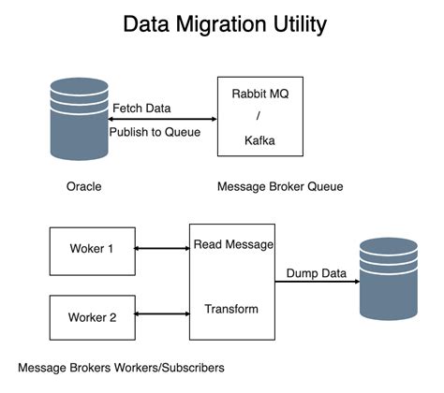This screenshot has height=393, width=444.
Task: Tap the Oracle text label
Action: click(82, 186)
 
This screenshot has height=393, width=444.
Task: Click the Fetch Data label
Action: click(141, 109)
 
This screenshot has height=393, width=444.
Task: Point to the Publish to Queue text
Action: click(155, 132)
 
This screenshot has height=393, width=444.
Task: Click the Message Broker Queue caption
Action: click(280, 186)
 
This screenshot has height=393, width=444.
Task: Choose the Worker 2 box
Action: click(93, 317)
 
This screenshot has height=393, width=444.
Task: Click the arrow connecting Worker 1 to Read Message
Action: click(163, 249)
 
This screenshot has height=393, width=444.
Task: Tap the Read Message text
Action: click(233, 245)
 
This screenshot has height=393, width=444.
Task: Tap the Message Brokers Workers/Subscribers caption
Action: click(122, 368)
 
